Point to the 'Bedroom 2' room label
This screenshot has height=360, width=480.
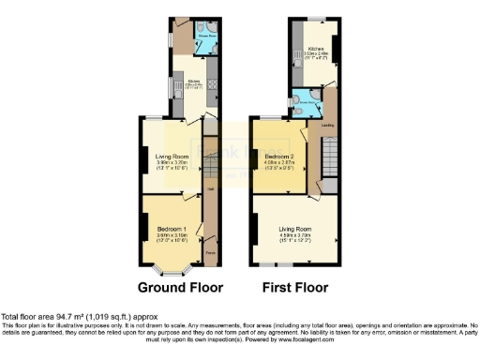pos(280,156)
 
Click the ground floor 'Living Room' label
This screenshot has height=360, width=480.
pos(171,156)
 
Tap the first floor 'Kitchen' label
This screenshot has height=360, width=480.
pos(316,48)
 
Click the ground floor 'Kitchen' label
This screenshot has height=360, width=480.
pos(195,82)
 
